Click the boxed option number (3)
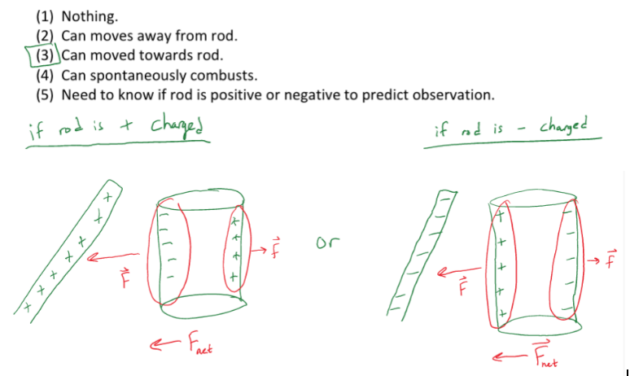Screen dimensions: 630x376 point(44,55)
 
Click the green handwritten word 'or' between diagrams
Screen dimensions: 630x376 point(327,243)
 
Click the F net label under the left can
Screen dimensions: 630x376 point(200,344)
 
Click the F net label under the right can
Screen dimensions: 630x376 point(545,353)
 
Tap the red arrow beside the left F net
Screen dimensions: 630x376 point(165,343)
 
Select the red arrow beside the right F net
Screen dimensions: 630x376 point(509,356)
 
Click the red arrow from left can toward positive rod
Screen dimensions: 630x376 point(113,256)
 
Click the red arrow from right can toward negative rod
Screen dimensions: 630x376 point(459,271)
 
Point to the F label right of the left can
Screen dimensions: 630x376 point(275,248)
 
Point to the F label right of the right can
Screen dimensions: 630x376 point(610,258)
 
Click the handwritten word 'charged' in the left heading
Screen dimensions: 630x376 point(177,125)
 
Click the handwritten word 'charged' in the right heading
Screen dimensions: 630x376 point(563,125)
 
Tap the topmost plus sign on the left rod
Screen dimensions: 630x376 point(107,197)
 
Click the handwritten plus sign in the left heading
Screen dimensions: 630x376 point(126,125)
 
